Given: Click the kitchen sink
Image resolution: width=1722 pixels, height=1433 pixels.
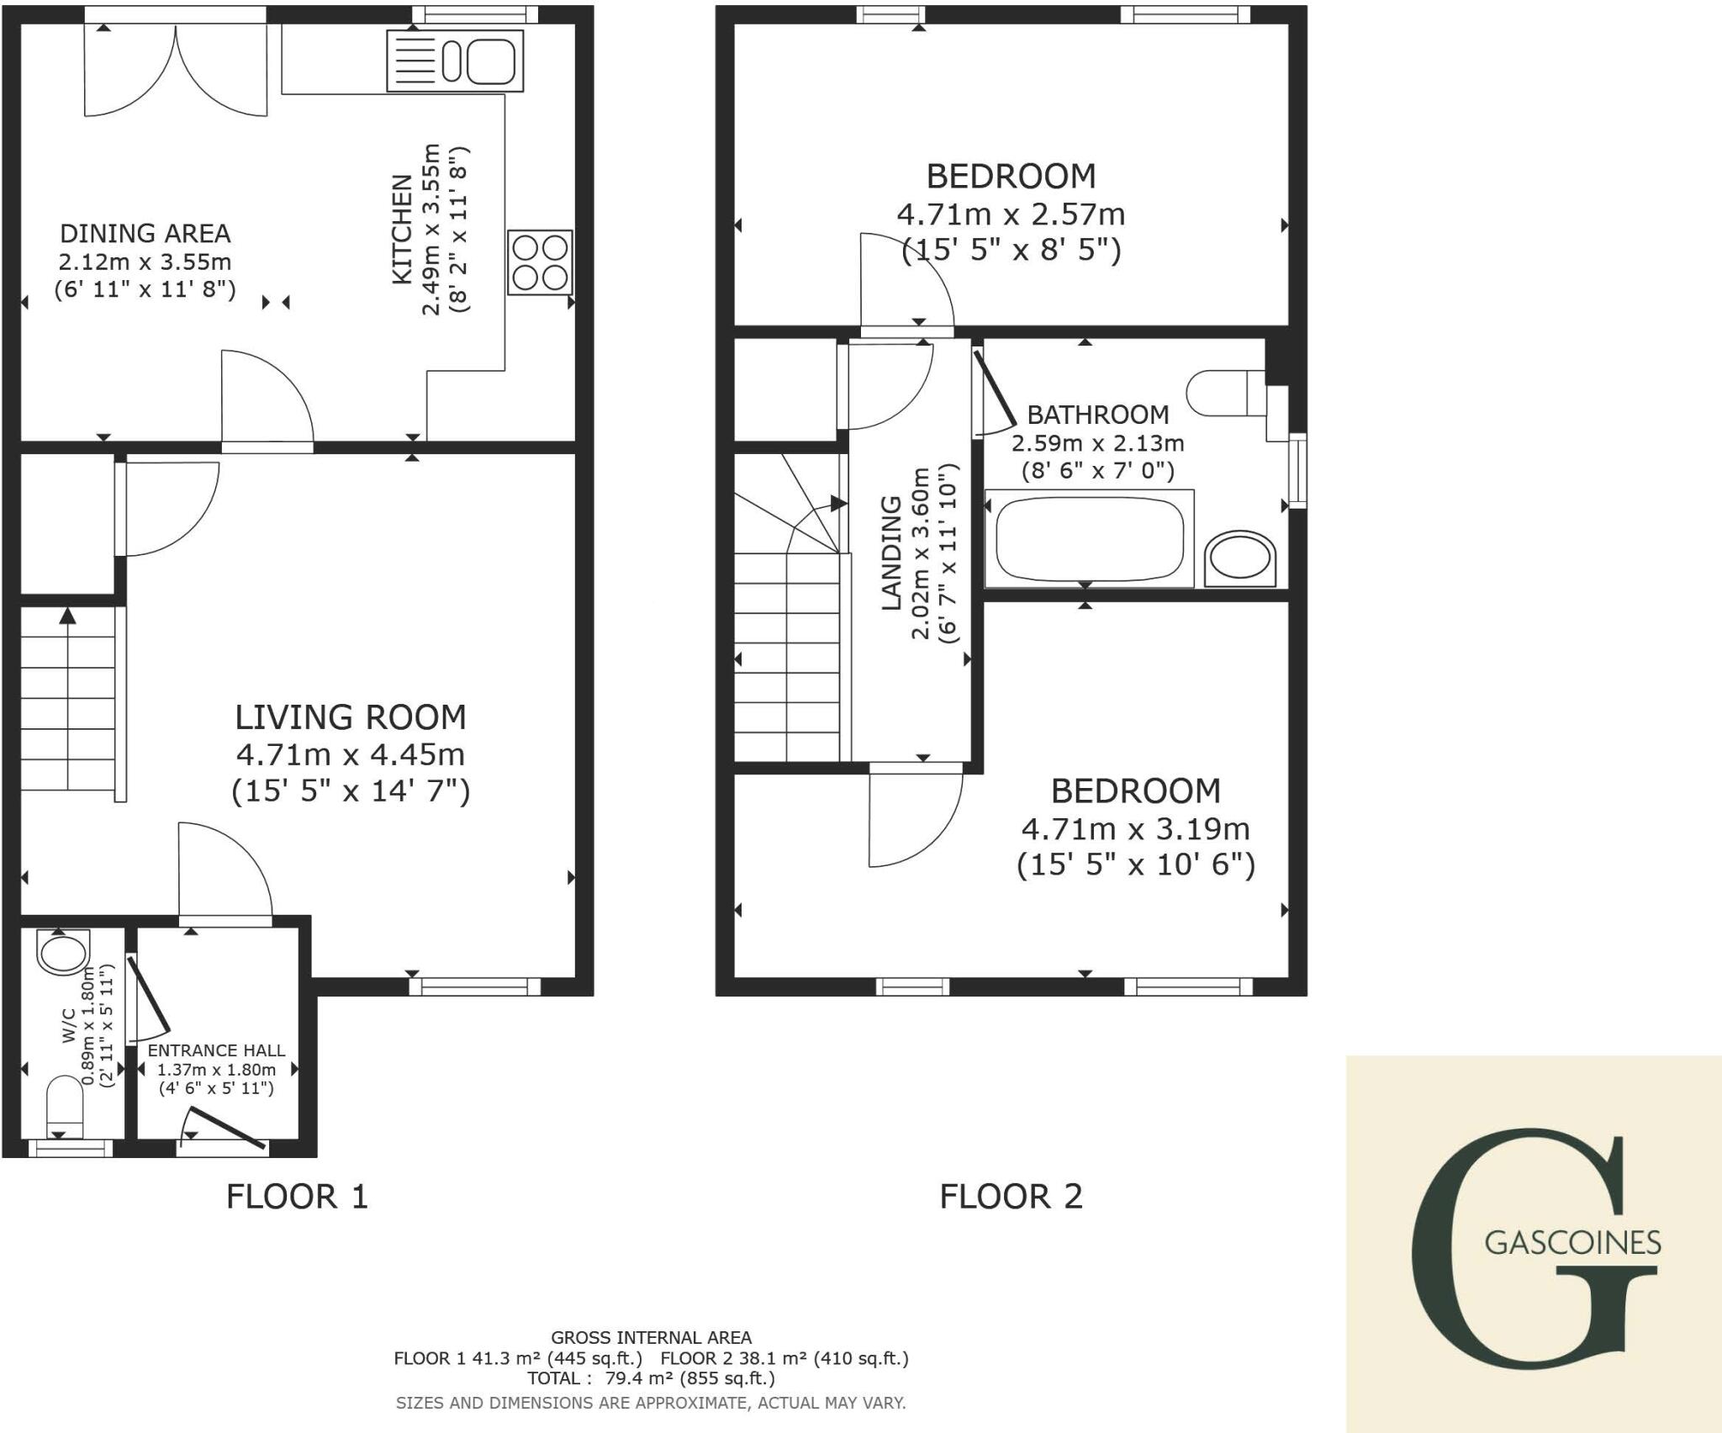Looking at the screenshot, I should click(456, 61).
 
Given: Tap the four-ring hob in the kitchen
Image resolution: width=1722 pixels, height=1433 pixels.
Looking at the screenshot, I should click(540, 262).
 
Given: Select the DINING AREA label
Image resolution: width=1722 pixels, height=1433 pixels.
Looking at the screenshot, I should click(145, 233).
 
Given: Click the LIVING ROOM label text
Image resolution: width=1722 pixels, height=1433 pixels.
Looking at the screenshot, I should click(350, 717).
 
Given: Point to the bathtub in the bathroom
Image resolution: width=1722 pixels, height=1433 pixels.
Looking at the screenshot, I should click(1089, 538).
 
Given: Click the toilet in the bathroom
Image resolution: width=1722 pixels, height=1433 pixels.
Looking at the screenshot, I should click(1223, 393).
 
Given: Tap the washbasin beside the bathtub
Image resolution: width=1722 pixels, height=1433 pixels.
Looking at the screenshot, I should click(1239, 558).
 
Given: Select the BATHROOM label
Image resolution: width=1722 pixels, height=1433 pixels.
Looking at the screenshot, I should click(1097, 415).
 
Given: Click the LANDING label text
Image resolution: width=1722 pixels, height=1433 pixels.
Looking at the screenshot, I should click(891, 553).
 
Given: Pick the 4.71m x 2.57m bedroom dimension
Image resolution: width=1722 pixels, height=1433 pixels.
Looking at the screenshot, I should click(1011, 214).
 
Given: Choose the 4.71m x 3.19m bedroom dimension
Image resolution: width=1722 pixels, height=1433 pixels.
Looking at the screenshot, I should click(1135, 829).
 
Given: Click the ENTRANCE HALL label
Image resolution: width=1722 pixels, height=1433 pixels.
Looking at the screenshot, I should click(216, 1050).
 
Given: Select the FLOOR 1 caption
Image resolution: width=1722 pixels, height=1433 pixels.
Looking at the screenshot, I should click(297, 1196).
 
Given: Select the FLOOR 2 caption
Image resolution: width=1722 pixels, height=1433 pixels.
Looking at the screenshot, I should click(1011, 1196).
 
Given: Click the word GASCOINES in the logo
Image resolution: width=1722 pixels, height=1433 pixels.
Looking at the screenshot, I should click(1572, 1242).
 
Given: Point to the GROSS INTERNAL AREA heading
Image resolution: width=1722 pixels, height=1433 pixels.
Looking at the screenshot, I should click(651, 1337).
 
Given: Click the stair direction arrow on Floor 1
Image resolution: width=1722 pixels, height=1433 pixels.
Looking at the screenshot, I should click(68, 616).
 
